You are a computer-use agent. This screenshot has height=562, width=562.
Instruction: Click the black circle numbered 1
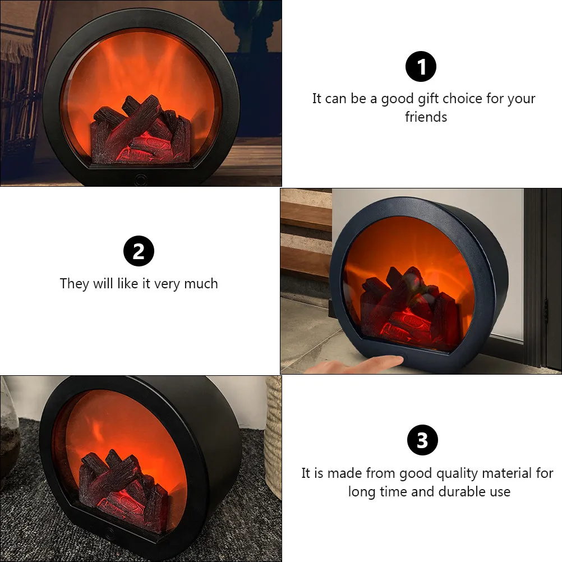click(x=421, y=67)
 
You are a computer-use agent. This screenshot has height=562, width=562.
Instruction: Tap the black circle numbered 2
click(x=139, y=251)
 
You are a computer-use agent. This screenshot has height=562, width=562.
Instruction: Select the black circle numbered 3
click(x=422, y=440)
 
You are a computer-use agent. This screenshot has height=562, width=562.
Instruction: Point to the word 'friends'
click(x=426, y=117)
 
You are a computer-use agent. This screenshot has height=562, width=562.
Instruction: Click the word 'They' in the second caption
click(x=75, y=284)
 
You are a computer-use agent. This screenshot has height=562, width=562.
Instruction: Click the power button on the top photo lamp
click(x=140, y=180)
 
